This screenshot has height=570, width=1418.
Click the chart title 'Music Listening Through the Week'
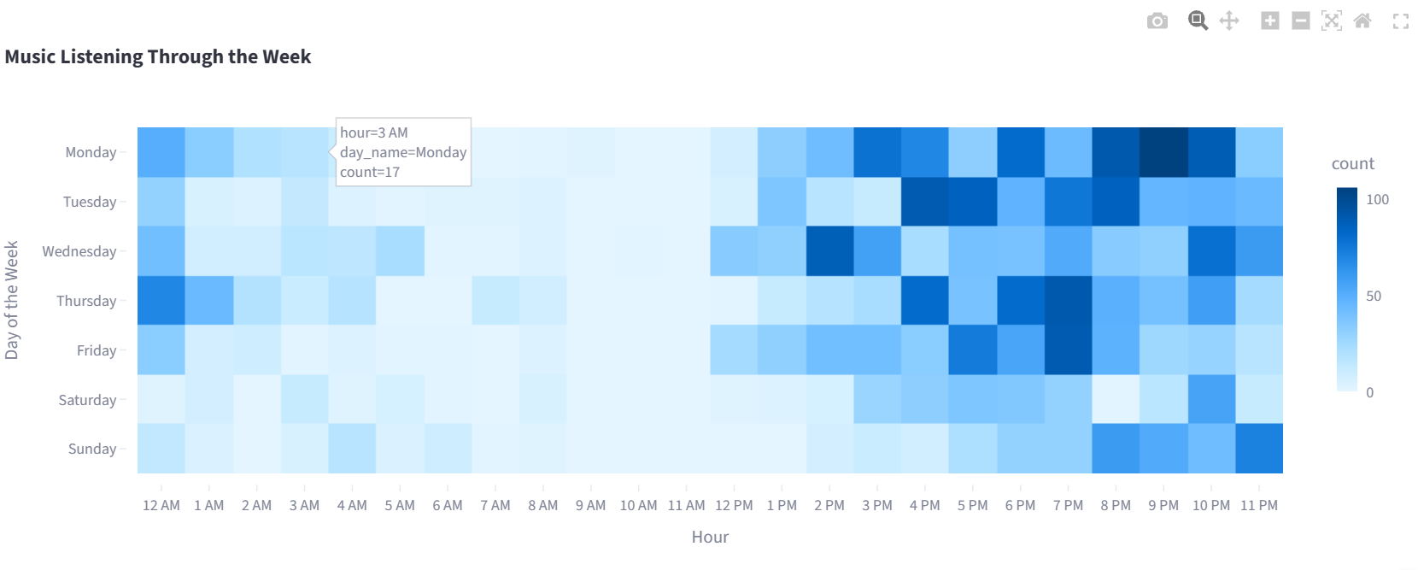(x=158, y=56)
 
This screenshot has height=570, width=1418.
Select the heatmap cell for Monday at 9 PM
(x=1163, y=152)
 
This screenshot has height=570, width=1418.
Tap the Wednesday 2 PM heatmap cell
(x=830, y=250)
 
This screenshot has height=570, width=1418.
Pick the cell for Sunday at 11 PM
(x=1259, y=449)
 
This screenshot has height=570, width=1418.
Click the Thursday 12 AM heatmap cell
(x=161, y=300)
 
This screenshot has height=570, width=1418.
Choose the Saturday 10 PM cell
(x=1211, y=399)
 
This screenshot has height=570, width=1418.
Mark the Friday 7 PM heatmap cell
(x=1069, y=350)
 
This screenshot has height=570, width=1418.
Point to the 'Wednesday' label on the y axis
(x=79, y=251)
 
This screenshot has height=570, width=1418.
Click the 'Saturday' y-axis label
(x=87, y=400)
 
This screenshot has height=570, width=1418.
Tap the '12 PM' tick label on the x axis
(x=735, y=505)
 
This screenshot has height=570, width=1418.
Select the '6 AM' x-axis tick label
(x=448, y=505)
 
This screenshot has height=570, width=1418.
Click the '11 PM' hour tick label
(x=1259, y=505)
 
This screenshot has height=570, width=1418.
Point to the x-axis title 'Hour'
(x=710, y=537)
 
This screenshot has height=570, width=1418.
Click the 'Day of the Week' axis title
(x=11, y=300)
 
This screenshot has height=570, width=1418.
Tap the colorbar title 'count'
(x=1353, y=164)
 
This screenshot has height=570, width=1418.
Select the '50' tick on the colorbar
(x=1374, y=296)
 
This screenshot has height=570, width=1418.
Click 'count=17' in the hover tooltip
(x=370, y=172)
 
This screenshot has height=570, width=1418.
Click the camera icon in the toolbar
(x=1157, y=21)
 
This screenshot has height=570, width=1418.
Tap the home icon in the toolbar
(x=1362, y=21)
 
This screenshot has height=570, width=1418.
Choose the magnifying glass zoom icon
(x=1198, y=21)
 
